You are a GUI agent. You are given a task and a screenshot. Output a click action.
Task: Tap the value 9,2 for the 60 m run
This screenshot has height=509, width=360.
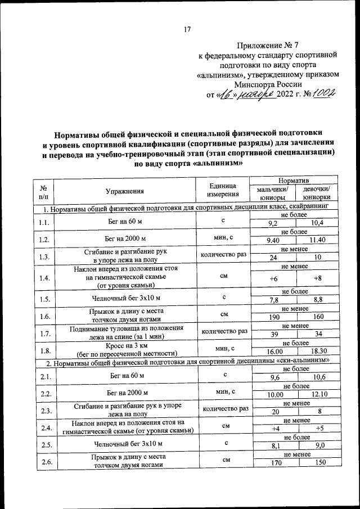pos(274,224)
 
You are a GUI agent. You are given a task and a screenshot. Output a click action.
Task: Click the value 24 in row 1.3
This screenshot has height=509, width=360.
pos(274,258)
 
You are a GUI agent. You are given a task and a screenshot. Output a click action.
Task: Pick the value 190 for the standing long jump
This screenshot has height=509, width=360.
pos(274,317)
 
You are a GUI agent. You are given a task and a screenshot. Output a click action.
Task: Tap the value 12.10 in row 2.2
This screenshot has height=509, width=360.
pos(318,394)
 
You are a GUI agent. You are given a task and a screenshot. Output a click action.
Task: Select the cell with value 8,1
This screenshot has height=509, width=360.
pos(274,448)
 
